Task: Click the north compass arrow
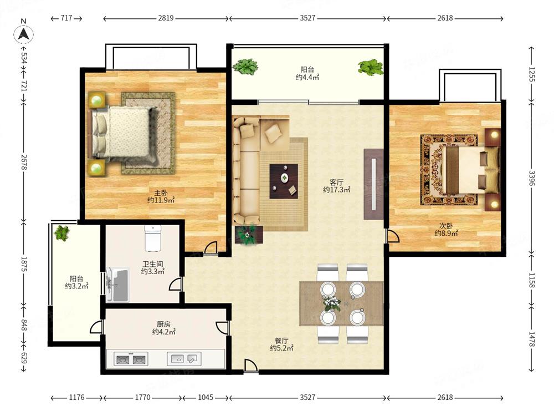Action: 24,34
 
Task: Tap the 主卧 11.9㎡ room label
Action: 161,197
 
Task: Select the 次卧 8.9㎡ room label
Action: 446,230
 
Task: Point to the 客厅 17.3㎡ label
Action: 336,186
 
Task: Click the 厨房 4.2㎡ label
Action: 164,328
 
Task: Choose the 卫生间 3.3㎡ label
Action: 153,268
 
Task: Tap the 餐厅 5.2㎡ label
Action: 281,344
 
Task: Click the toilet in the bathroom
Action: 153,238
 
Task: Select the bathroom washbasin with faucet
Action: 117,285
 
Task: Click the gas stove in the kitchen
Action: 131,359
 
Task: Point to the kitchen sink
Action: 184,359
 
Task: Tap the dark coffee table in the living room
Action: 284,181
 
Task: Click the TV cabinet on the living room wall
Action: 373,184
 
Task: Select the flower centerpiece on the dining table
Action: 331,303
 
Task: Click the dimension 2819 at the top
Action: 166,18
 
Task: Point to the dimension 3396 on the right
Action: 532,178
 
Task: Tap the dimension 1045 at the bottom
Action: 206,397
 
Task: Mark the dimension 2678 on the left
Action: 24,162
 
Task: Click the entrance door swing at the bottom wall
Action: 250,366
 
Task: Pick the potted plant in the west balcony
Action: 62,233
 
